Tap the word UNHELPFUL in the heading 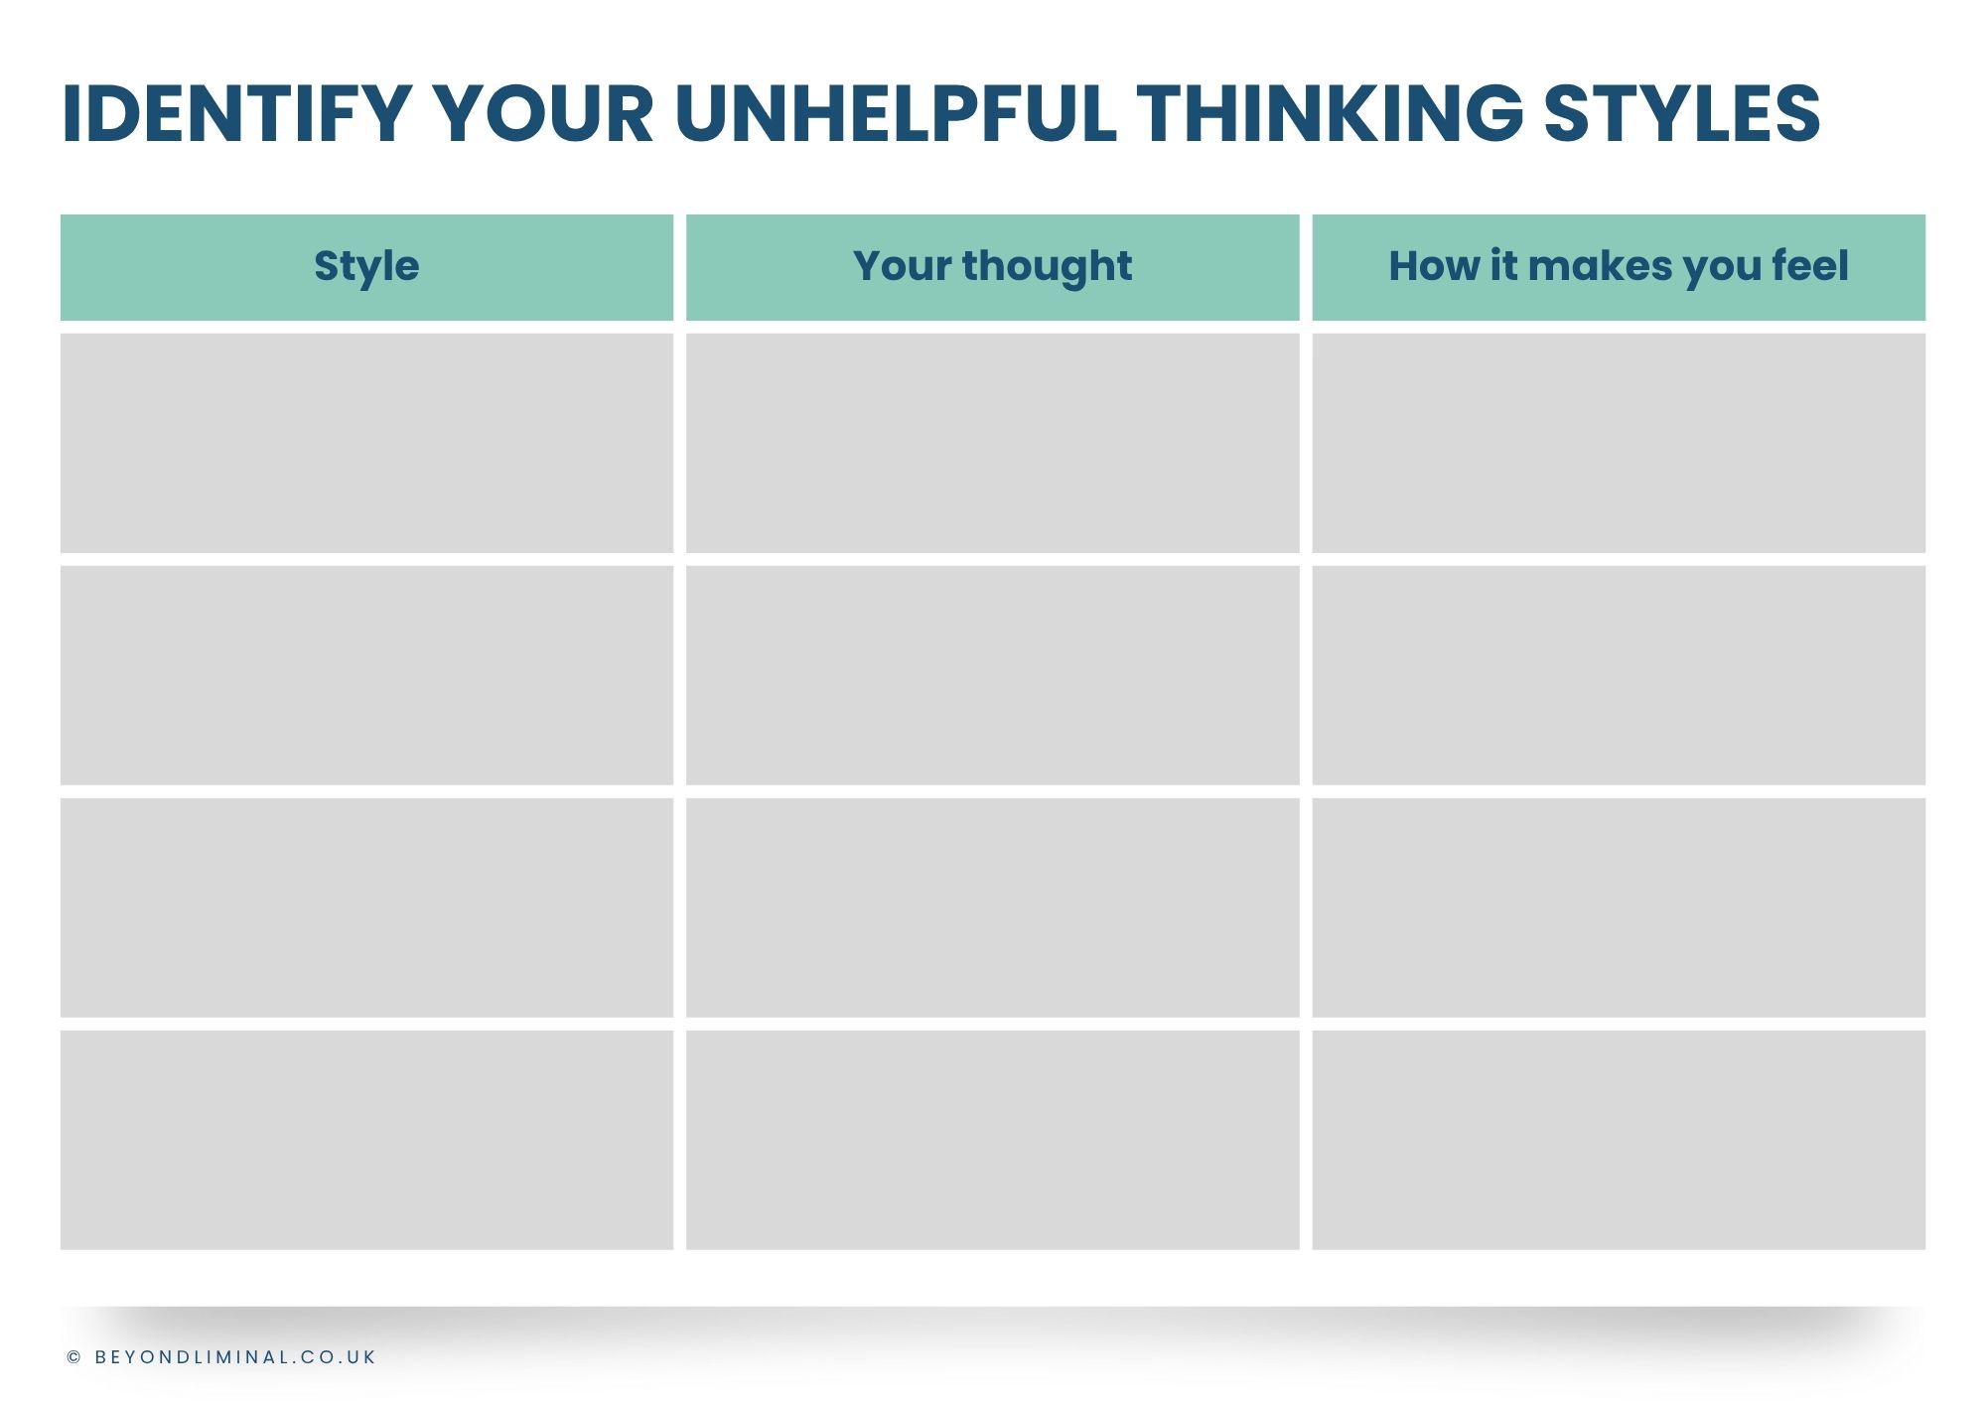pos(896,113)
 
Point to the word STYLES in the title pos(1682,113)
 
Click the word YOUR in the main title pos(544,113)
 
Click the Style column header pos(366,267)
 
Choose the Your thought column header pos(992,267)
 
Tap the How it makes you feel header pos(1619,267)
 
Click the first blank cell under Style pos(366,443)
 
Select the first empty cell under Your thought pos(992,443)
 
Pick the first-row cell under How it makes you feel pos(1619,443)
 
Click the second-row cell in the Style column pos(366,675)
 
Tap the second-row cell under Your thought pos(992,675)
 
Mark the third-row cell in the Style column pos(366,908)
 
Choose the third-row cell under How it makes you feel pos(1619,908)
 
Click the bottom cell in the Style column pos(366,1140)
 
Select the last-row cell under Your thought pos(992,1140)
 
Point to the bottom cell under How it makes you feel pos(1619,1140)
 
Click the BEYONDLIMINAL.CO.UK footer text pos(235,1357)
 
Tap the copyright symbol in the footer pos(74,1357)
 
